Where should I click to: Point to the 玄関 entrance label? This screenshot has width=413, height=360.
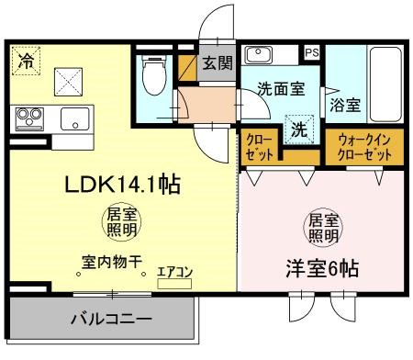218,63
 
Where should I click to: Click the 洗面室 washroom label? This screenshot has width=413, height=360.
281,91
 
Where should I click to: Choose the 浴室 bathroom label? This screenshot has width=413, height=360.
346,105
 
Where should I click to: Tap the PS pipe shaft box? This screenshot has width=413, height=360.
313,53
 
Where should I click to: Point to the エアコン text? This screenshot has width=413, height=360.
173,272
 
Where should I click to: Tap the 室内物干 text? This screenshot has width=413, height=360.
111,262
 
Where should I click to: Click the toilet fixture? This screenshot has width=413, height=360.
153,78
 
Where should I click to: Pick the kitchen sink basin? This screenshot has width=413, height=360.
73,119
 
